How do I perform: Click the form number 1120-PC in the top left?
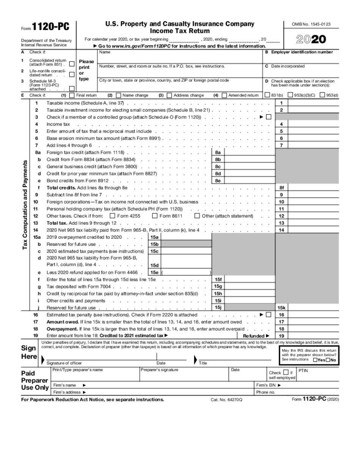click(51, 27)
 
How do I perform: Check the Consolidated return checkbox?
click(72, 64)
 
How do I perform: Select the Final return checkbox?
click(72, 95)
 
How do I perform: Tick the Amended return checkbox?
click(224, 95)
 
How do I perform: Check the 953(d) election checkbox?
click(322, 95)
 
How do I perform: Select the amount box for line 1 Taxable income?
click(313, 103)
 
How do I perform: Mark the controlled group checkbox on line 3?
click(269, 117)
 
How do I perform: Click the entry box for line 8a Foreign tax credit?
click(250, 152)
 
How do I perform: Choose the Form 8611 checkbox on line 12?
click(155, 216)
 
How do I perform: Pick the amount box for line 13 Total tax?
click(313, 223)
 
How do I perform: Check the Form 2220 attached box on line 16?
click(269, 315)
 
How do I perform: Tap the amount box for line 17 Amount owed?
click(313, 322)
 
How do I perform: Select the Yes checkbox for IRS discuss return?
click(315, 360)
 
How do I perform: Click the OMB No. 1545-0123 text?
click(311, 24)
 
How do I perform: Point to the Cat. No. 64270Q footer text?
click(226, 400)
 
